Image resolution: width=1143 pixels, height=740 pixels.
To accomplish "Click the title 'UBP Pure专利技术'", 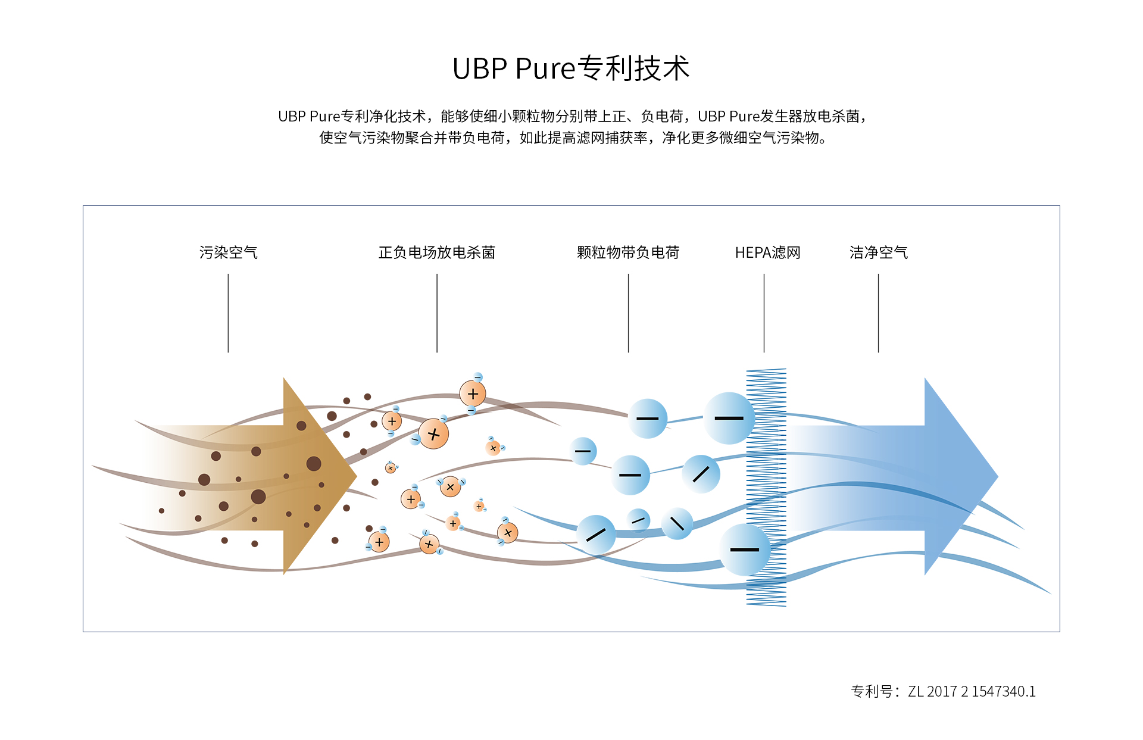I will pyautogui.click(x=571, y=68).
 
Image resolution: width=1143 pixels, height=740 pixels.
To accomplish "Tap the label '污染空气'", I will pyautogui.click(x=228, y=252).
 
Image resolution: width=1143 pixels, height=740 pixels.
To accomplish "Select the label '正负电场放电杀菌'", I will pyautogui.click(x=436, y=252).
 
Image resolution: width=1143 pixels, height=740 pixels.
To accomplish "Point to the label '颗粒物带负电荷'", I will pyautogui.click(x=628, y=252).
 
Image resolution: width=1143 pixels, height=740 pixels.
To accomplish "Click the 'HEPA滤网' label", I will pyautogui.click(x=767, y=252).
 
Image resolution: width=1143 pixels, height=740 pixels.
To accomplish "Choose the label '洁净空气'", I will pyautogui.click(x=878, y=252).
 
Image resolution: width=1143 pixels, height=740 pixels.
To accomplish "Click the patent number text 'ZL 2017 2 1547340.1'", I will pyautogui.click(x=972, y=691).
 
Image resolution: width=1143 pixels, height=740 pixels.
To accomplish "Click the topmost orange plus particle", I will pyautogui.click(x=473, y=394).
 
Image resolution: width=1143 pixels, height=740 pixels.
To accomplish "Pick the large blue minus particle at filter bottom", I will pyautogui.click(x=744, y=549).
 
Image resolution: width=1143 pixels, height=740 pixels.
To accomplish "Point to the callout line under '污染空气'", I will pyautogui.click(x=228, y=313).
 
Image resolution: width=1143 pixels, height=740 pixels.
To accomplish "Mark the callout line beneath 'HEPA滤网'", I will pyautogui.click(x=764, y=313).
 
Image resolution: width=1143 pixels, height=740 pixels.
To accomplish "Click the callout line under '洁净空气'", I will pyautogui.click(x=878, y=313).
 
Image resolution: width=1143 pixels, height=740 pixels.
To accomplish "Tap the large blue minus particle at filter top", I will pyautogui.click(x=729, y=418).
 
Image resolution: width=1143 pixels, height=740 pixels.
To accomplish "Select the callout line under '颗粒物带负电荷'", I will pyautogui.click(x=628, y=313).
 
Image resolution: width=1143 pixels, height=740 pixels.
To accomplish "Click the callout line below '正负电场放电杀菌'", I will pyautogui.click(x=437, y=313).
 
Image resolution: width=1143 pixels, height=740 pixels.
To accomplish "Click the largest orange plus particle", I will pyautogui.click(x=433, y=434).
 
